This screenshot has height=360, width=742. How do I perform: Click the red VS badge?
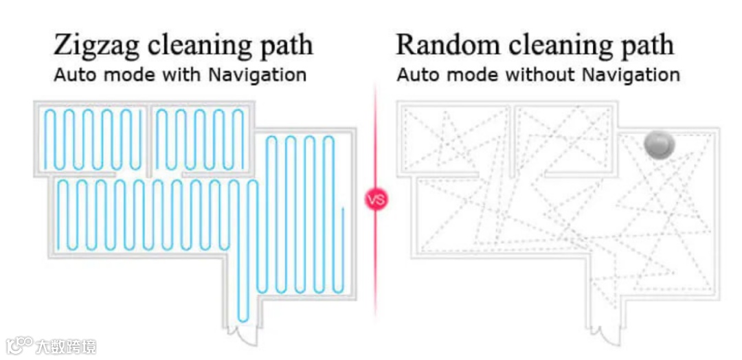tap(376, 200)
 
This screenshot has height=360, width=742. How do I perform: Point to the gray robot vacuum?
tap(660, 144)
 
